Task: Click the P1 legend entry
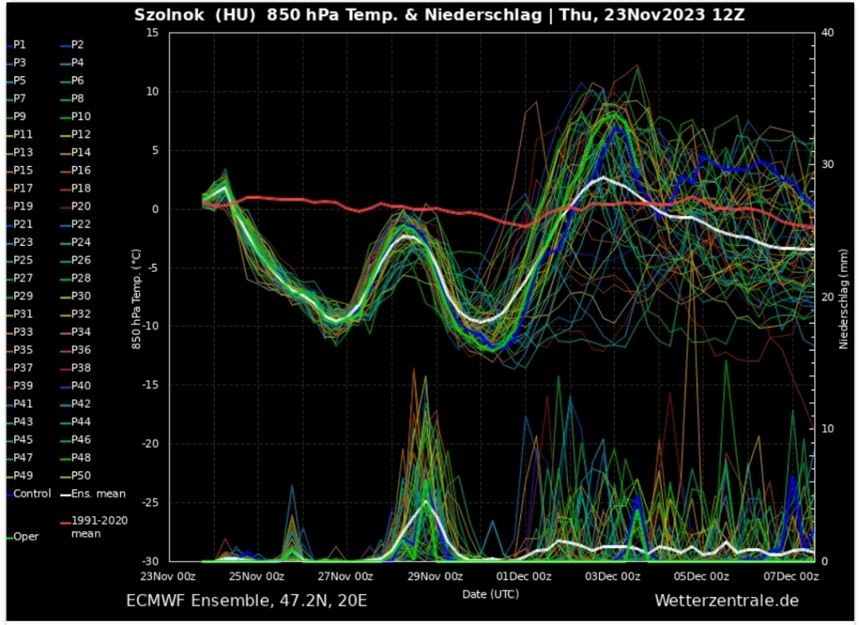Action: pyautogui.click(x=19, y=44)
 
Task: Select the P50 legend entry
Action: pyautogui.click(x=81, y=476)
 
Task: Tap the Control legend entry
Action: pyautogui.click(x=32, y=493)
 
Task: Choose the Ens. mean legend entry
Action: pyautogui.click(x=98, y=493)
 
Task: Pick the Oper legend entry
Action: pyautogui.click(x=26, y=536)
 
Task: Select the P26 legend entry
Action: pyautogui.click(x=81, y=260)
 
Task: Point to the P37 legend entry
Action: pyautogui.click(x=23, y=367)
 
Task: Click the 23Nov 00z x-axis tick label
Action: pyautogui.click(x=169, y=576)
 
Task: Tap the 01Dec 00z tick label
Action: pyautogui.click(x=524, y=576)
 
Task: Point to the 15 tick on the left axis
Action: pyautogui.click(x=152, y=33)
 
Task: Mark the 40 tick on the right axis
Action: pyautogui.click(x=827, y=33)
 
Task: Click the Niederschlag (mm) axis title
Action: pyautogui.click(x=844, y=297)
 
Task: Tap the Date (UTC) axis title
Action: pyautogui.click(x=490, y=593)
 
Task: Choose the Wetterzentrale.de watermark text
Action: pyautogui.click(x=726, y=601)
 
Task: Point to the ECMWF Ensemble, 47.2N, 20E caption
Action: pyautogui.click(x=246, y=601)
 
